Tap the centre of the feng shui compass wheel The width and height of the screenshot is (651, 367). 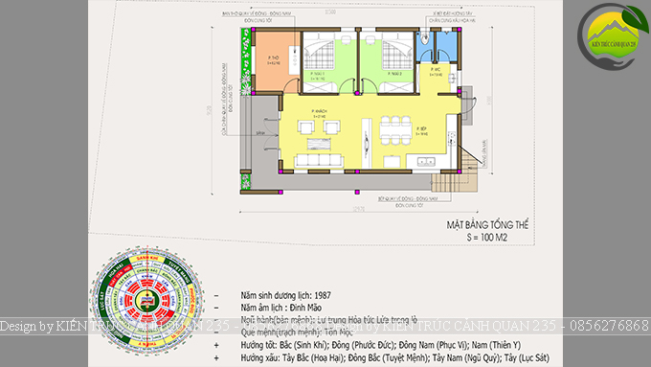click(149, 305)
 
